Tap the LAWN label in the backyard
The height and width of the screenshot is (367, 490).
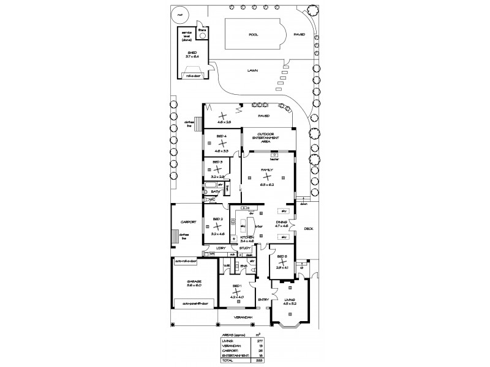(252, 70)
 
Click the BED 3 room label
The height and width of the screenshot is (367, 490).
(217, 163)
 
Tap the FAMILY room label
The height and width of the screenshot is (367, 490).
(266, 169)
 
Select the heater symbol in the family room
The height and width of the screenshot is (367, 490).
(274, 155)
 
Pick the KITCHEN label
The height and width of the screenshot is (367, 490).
(247, 237)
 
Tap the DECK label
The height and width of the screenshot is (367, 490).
(308, 229)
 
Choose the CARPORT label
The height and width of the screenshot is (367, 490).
(187, 222)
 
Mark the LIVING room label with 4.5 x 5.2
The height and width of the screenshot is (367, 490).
(290, 300)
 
